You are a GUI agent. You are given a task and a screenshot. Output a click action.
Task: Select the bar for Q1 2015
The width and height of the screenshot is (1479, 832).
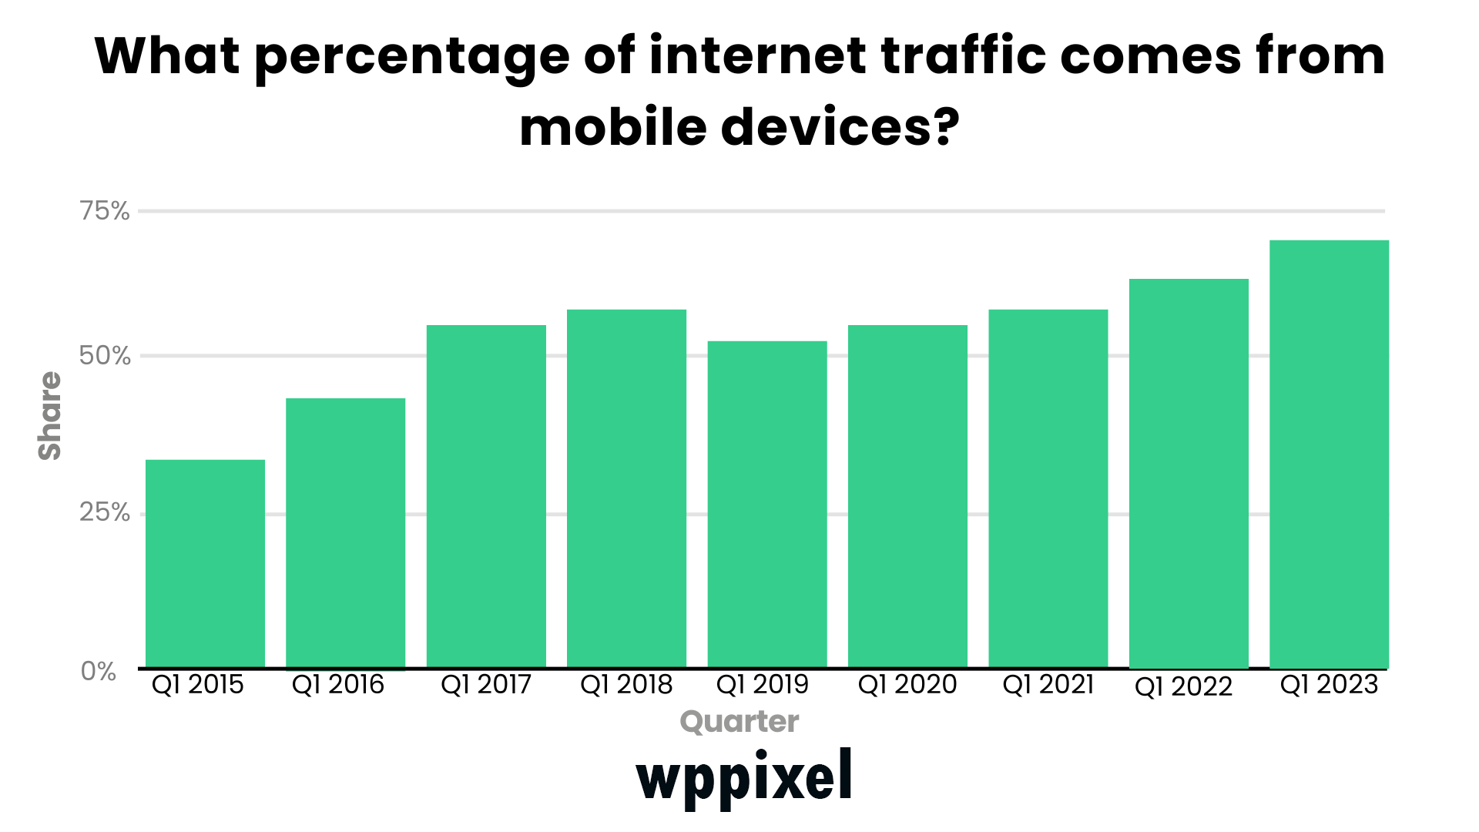coord(205,563)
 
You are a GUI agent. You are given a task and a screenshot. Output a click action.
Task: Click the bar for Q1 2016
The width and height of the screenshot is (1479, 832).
coord(345,533)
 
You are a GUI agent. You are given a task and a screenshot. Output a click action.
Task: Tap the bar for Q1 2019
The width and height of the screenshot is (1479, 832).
coord(767,504)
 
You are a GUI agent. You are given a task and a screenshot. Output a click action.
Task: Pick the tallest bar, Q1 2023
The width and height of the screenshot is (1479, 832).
coord(1329,454)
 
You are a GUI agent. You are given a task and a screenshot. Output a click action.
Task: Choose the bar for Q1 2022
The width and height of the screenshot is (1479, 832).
coord(1189,473)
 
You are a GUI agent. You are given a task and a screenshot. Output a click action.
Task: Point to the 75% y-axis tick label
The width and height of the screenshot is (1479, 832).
coord(105,211)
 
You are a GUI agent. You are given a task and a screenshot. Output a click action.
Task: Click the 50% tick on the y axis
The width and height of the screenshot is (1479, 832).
coord(105,356)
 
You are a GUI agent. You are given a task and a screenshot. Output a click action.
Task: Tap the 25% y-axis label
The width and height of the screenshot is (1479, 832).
coord(105,512)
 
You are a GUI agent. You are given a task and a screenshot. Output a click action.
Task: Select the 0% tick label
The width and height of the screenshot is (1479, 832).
coord(99,671)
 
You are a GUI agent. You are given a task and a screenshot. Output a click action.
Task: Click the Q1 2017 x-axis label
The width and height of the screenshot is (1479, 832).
coord(486,685)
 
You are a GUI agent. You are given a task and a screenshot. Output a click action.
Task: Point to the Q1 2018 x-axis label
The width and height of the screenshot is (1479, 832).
coord(626,685)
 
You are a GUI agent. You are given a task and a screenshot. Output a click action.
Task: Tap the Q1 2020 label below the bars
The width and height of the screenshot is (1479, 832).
coord(907,685)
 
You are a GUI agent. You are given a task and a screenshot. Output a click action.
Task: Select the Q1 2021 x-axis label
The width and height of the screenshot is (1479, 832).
coord(1048,685)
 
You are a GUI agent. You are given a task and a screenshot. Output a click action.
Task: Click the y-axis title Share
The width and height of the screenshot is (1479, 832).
coord(50,416)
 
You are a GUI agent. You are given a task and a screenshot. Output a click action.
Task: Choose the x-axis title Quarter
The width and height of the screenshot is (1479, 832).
coord(739,722)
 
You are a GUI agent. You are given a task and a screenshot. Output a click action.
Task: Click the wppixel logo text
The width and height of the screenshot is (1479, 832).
coord(744,777)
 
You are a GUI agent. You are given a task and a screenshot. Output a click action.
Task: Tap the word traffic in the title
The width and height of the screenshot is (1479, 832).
coord(963,55)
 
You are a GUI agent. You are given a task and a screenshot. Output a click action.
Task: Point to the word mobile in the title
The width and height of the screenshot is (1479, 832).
coord(613,127)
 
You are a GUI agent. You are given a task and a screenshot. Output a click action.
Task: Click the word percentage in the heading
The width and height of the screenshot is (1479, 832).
coord(411,57)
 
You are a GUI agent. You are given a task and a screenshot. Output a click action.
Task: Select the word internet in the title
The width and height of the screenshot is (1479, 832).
coord(758,55)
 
